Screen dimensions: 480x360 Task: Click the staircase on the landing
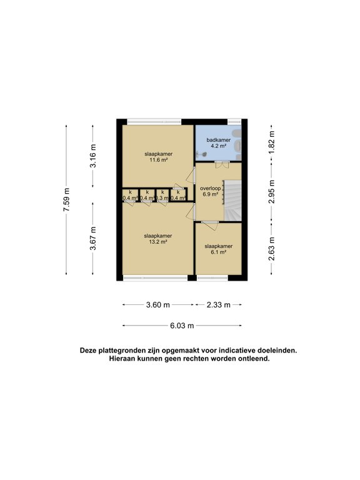click(x=232, y=200)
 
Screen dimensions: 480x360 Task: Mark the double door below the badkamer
click(x=221, y=164)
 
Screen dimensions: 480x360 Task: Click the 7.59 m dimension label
click(x=67, y=199)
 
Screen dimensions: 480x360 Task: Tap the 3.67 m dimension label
click(x=93, y=238)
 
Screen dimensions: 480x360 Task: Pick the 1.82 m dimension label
click(x=271, y=140)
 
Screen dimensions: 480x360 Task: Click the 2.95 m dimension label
click(x=271, y=192)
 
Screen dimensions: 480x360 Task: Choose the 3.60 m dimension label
click(x=157, y=305)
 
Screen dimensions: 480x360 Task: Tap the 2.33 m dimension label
click(x=218, y=305)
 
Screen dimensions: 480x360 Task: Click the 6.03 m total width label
click(x=182, y=326)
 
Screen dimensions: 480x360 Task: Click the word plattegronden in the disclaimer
click(x=127, y=351)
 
